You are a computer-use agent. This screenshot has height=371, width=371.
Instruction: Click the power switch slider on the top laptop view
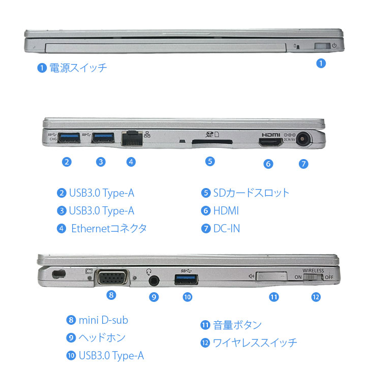tap(322, 47)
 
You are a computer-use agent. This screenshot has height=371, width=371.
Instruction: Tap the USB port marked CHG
tap(69, 137)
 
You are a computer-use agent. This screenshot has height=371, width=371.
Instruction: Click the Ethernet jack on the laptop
tap(131, 138)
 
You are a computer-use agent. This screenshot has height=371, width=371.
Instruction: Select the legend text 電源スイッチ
tap(78, 68)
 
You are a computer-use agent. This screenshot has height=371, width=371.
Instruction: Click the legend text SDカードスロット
tap(251, 193)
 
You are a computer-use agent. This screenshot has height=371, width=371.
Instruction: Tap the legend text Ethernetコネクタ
tap(109, 228)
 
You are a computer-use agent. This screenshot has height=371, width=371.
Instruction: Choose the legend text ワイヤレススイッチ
tap(255, 343)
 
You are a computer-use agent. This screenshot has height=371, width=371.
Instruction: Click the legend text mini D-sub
tap(103, 320)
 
